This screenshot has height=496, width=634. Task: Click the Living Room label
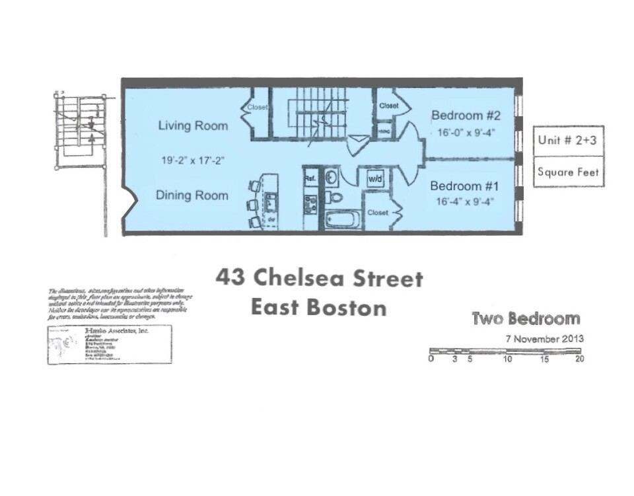[x=192, y=125]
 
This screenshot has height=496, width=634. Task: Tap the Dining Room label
[x=192, y=195]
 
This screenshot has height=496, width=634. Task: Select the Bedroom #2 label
[x=466, y=116]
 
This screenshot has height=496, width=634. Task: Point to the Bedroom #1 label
[x=466, y=186]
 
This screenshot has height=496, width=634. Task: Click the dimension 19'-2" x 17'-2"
[x=193, y=159]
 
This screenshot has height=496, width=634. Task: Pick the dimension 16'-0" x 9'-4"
[x=466, y=132]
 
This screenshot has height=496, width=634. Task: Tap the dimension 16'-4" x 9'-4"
[x=466, y=201]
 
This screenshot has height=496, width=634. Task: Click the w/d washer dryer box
[x=375, y=178]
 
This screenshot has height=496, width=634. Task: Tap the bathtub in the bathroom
[x=343, y=219]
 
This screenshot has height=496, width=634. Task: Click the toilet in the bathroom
[x=335, y=197]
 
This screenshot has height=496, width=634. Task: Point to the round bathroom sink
[x=332, y=178]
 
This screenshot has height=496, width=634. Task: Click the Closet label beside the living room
[x=258, y=107]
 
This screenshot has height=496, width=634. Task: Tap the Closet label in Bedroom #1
[x=378, y=213]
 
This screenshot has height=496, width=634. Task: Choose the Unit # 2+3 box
[x=568, y=140]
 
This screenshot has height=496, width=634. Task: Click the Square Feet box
[x=568, y=172]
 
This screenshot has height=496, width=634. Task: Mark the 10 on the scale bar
[x=507, y=359]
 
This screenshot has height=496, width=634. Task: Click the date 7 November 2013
[x=544, y=339]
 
